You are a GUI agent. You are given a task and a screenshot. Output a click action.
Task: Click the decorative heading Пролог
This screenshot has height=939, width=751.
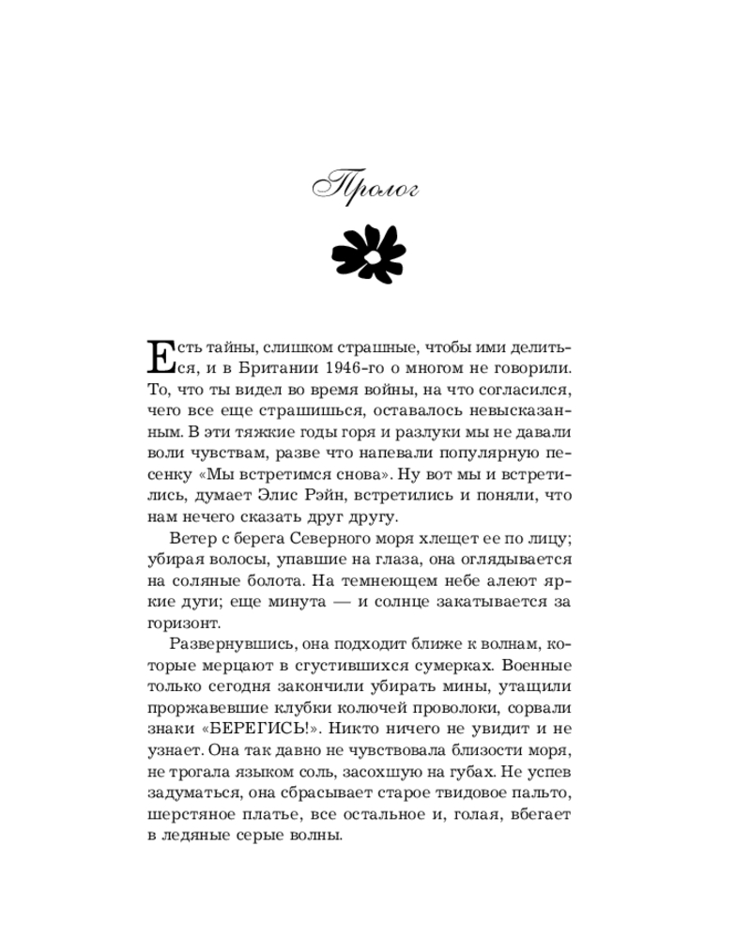coord(366,188)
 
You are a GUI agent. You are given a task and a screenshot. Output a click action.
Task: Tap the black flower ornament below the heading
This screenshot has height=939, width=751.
coord(369,254)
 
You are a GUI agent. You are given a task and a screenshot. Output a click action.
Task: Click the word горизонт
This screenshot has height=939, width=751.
coord(183,623)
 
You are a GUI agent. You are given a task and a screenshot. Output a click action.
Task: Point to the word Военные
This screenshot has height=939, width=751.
coord(539,665)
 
